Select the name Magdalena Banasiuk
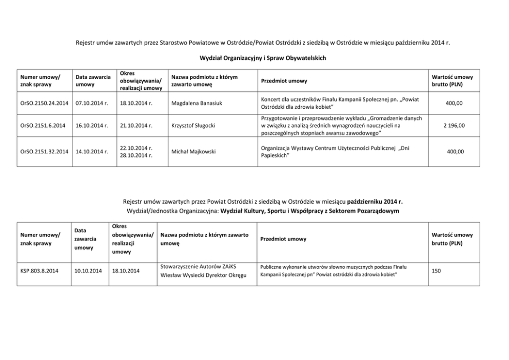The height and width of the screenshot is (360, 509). tap(193, 103)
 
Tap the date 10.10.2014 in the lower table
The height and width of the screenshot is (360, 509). tap(88, 270)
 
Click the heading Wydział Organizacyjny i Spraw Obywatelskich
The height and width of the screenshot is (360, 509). tap(262, 58)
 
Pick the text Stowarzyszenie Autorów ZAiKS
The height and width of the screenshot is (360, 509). tap(201, 266)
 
